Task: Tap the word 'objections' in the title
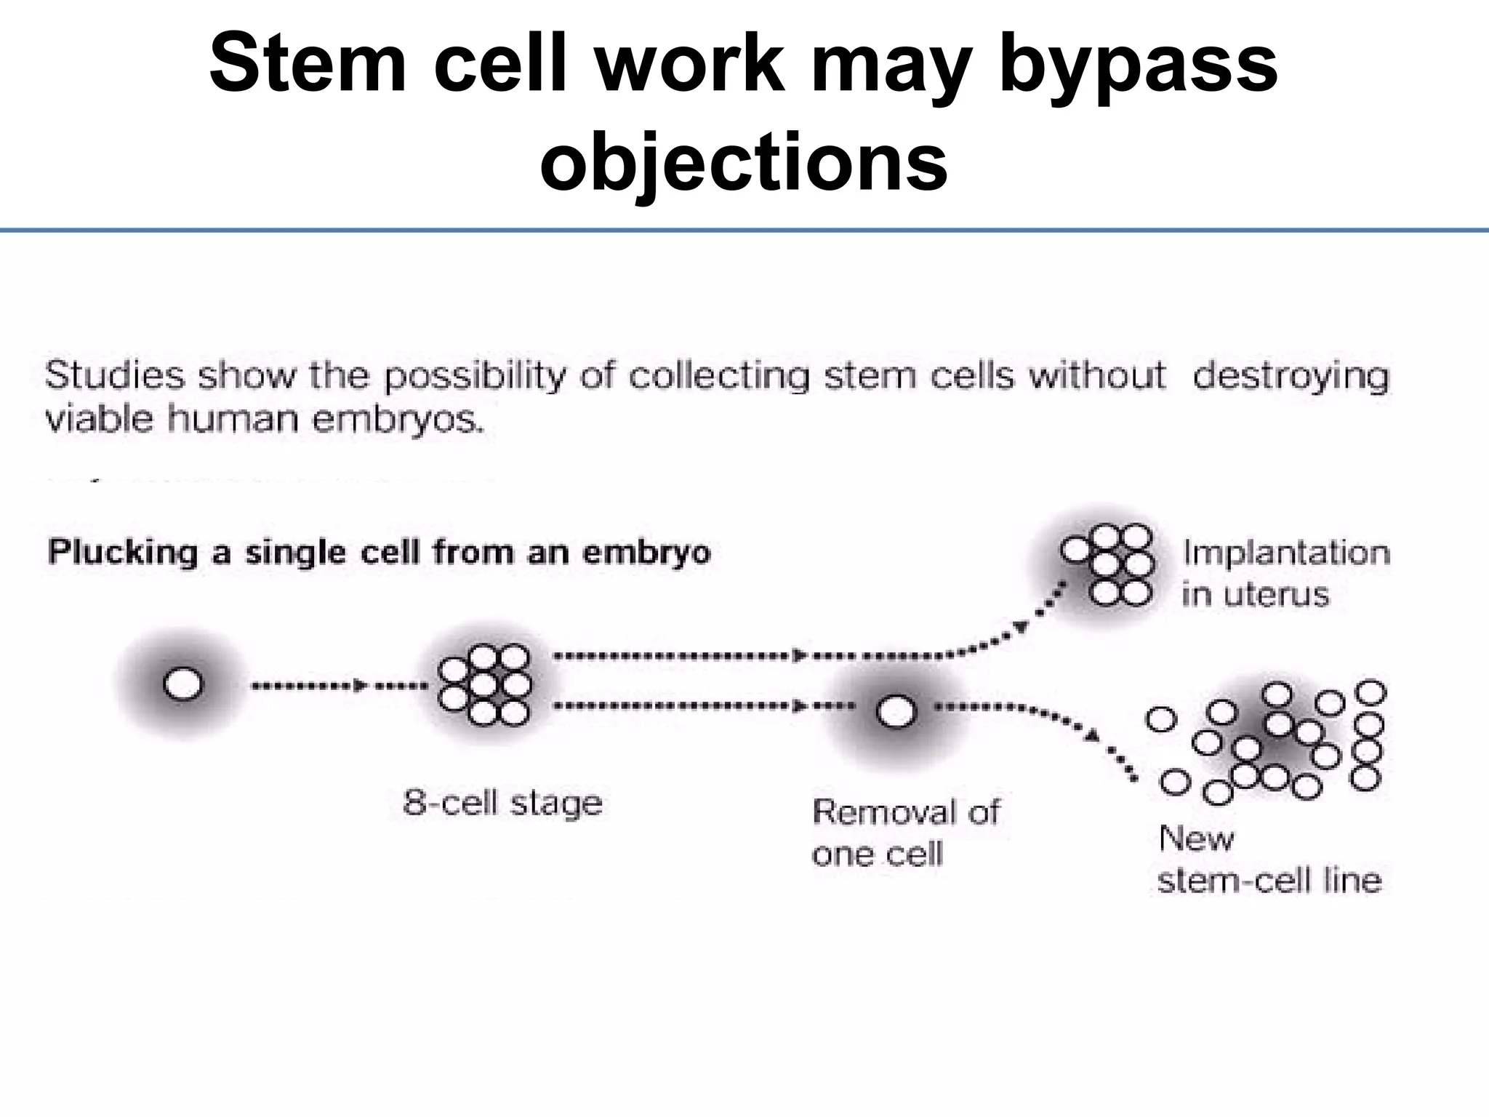pos(744,161)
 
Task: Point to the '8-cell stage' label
pos(502,804)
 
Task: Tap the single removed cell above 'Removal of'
pos(896,711)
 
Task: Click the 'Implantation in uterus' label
pos(1285,573)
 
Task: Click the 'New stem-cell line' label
pos(1268,860)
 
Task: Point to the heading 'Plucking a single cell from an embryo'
pos(379,553)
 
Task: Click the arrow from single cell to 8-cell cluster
pos(334,686)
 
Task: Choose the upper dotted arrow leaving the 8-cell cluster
pos(676,656)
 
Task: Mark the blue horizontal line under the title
pos(744,231)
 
